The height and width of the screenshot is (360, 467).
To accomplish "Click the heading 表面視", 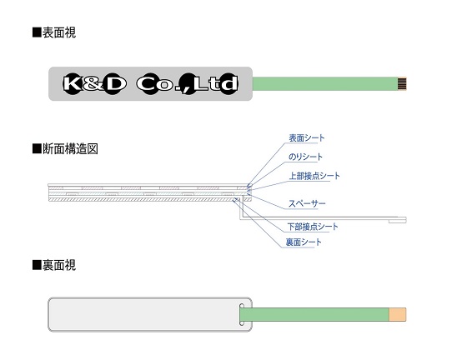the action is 59,32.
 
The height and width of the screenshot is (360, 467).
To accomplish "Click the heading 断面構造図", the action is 70,149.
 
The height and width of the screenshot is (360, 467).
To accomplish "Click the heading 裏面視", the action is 59,265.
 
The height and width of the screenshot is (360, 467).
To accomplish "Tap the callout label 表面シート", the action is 307,138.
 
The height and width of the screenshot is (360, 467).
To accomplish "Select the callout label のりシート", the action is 305,157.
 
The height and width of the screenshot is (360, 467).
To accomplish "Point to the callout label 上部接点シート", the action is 314,176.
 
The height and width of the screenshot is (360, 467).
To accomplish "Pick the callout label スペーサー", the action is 307,203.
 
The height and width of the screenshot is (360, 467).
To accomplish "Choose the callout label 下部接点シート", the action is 313,227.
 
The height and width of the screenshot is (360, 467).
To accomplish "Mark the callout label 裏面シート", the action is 304,242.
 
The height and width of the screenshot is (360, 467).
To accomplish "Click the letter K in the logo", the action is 72,83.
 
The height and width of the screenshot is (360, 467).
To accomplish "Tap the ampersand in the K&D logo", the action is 93,84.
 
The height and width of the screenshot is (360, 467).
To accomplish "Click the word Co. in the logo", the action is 158,84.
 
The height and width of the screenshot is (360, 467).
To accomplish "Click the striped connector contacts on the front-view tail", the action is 402,83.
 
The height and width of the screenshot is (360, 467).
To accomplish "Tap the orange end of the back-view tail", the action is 398,315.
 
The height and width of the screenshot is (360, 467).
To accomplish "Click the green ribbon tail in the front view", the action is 325,83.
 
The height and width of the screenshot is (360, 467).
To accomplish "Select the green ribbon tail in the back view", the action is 314,315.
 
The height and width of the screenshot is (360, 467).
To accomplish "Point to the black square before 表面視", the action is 37,32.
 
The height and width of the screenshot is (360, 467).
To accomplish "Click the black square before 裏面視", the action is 37,265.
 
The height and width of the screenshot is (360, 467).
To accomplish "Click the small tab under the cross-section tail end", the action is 397,222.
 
